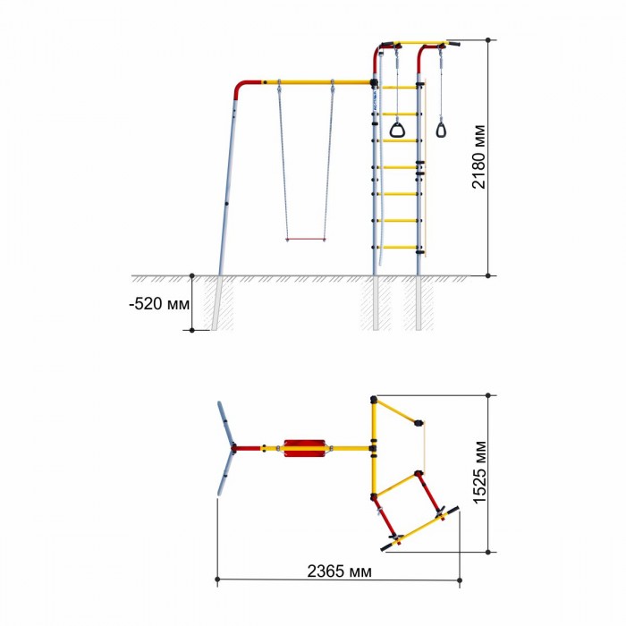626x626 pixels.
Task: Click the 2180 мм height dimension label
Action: point(479,156)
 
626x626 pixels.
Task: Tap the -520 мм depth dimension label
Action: point(159,304)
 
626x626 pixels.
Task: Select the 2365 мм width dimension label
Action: point(339,571)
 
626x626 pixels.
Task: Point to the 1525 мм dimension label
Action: point(479,473)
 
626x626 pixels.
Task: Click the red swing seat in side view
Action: point(306,240)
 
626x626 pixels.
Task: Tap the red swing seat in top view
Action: point(305,448)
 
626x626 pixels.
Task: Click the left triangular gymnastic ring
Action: point(397,130)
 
